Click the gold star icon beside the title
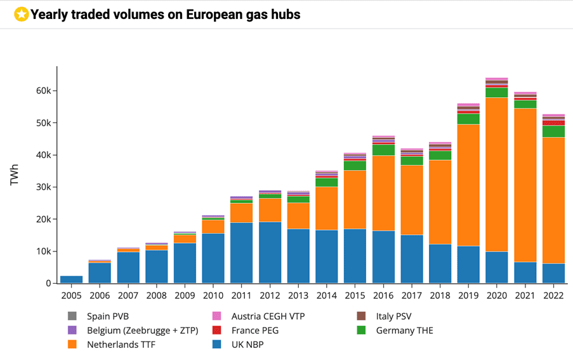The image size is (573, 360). pyautogui.click(x=21, y=14)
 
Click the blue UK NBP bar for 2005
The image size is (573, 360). pyautogui.click(x=71, y=279)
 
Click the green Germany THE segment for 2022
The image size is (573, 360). pyautogui.click(x=553, y=131)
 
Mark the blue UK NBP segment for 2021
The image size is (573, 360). pyautogui.click(x=525, y=272)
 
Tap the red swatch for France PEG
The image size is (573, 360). pyautogui.click(x=216, y=330)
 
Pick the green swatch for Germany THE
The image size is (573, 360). pyautogui.click(x=360, y=330)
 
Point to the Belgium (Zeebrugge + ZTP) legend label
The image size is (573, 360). pyautogui.click(x=142, y=330)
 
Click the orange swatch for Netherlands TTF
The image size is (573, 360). pyautogui.click(x=72, y=345)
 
